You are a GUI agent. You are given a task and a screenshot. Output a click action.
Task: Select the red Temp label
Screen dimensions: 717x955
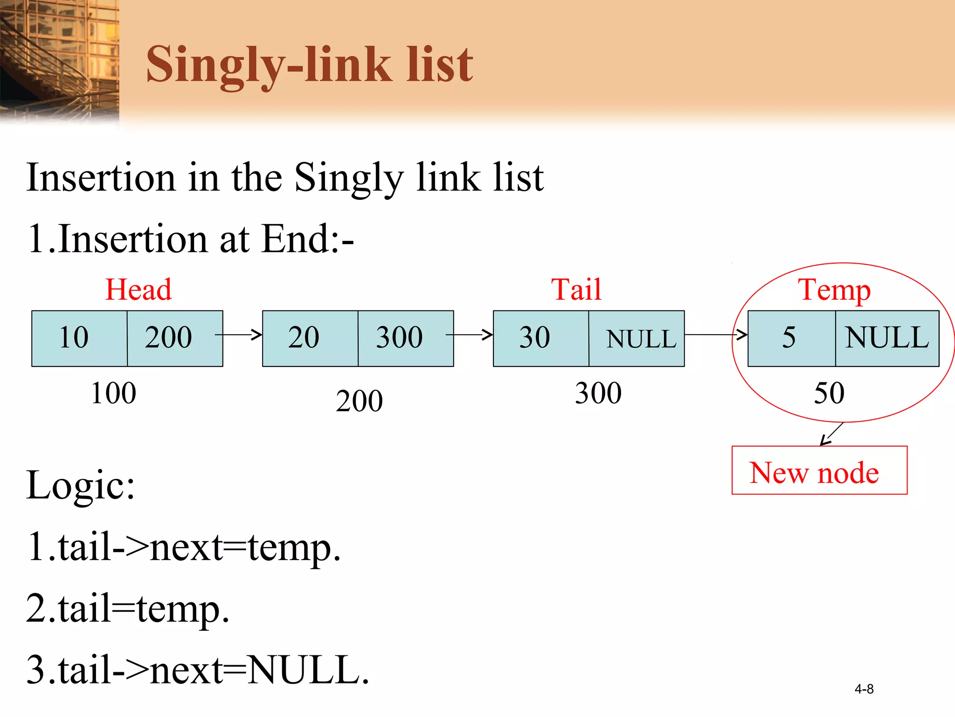(x=834, y=290)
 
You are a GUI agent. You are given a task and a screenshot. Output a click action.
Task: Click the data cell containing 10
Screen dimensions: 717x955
(x=79, y=338)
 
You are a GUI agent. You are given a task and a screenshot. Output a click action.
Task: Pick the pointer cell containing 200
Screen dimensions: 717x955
(x=174, y=338)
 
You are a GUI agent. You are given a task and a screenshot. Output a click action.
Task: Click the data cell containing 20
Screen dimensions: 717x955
(x=310, y=338)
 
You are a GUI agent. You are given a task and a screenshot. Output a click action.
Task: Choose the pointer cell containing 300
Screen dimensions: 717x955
(x=405, y=338)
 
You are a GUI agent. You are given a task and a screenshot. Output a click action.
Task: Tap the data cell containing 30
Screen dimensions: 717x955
(x=541, y=338)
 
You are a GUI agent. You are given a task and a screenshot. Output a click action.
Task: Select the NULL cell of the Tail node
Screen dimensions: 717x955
(x=637, y=338)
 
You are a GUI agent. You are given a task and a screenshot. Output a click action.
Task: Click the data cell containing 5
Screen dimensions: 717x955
(x=791, y=338)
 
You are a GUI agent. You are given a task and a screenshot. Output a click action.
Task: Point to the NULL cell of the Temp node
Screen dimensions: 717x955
(x=887, y=338)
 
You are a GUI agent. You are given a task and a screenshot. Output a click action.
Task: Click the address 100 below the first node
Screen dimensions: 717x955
(x=114, y=393)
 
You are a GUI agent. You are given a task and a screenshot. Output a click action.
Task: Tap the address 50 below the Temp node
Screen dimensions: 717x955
(x=829, y=393)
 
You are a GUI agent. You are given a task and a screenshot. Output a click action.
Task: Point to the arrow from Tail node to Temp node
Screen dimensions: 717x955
(x=716, y=335)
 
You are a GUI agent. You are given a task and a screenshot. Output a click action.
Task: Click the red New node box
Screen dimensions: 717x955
(x=819, y=470)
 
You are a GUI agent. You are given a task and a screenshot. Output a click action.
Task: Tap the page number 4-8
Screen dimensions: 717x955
(x=864, y=689)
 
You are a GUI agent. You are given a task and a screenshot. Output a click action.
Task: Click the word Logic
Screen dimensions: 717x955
(x=80, y=485)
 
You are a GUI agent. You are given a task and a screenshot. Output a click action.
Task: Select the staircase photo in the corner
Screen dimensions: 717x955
(x=59, y=61)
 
